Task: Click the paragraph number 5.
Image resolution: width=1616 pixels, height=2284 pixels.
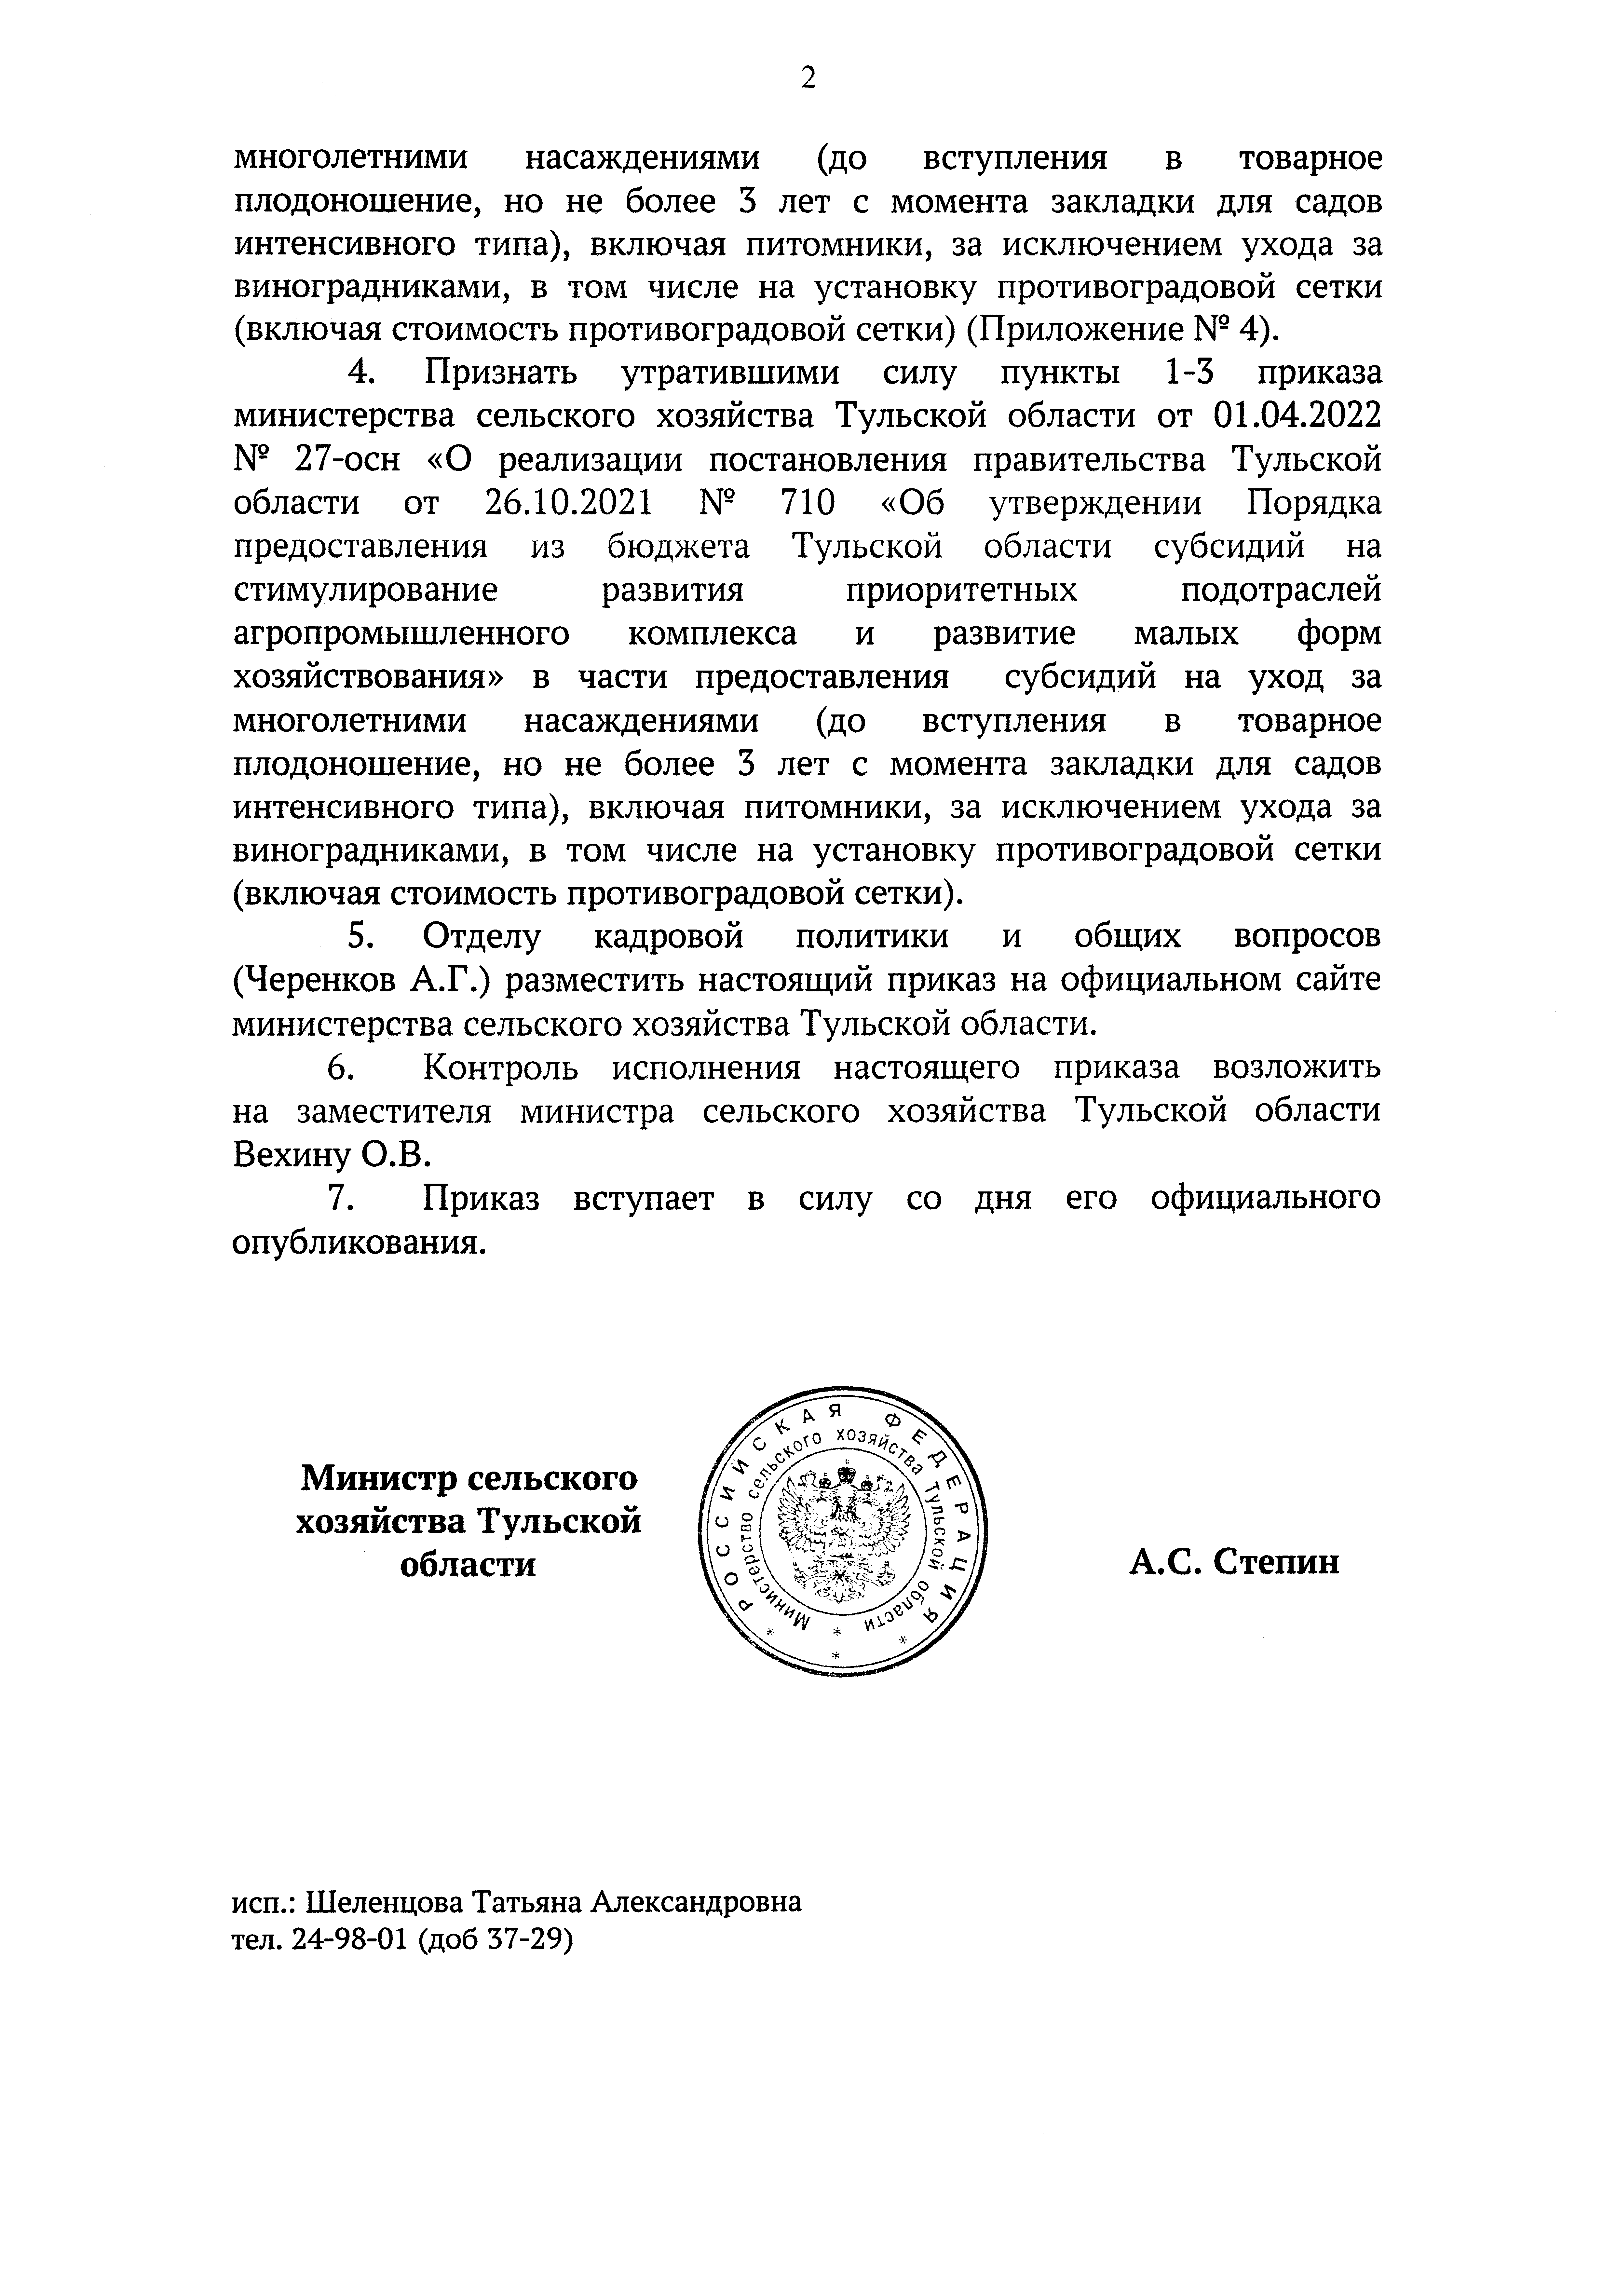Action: (358, 937)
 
